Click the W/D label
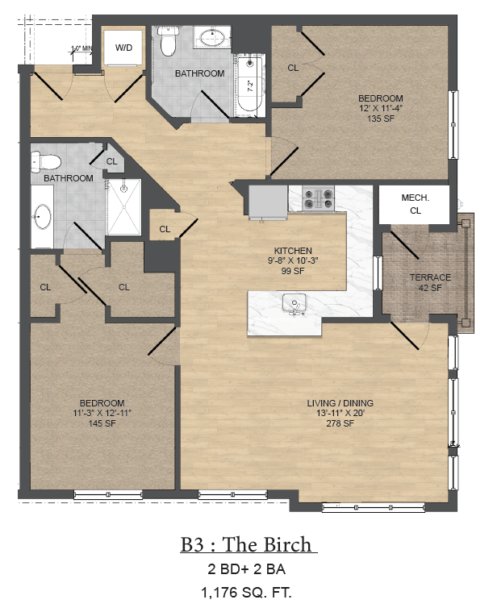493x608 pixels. pos(123,48)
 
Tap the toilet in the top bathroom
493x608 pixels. pos(168,42)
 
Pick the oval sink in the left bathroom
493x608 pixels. pos(42,217)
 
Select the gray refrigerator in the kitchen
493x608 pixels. pos(267,202)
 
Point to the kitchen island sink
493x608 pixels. pos(294,303)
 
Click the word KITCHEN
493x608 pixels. pos(292,251)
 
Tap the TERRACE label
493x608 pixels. pos(429,277)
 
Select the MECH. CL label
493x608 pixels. pos(415,204)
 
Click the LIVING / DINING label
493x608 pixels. pos(340,403)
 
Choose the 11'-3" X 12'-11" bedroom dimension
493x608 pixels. pos(102,413)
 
